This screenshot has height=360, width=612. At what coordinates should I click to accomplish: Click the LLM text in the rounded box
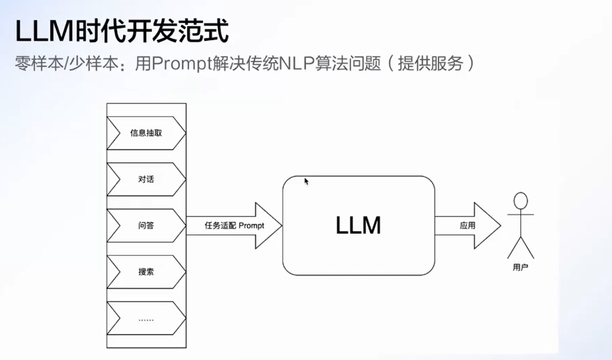(x=358, y=225)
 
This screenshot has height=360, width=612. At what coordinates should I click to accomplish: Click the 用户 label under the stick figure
(x=520, y=268)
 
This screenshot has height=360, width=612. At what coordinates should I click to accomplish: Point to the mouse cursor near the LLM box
(x=306, y=181)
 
